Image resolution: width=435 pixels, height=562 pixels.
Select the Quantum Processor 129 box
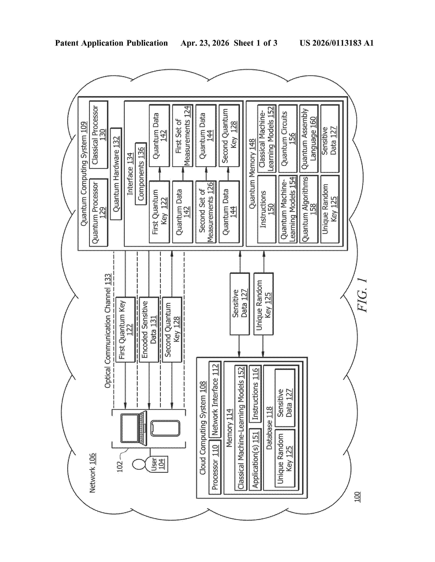click(x=98, y=213)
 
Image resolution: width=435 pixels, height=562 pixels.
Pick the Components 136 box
click(x=141, y=174)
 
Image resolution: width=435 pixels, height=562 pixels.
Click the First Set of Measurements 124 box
click(x=183, y=135)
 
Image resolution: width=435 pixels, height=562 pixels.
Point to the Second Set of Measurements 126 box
click(x=206, y=212)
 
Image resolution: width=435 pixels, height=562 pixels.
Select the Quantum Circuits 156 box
click(x=288, y=138)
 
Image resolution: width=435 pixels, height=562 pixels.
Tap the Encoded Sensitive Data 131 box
click(x=149, y=330)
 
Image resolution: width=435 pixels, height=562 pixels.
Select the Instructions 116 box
click(x=255, y=394)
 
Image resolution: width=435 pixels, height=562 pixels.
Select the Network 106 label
click(x=92, y=473)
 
